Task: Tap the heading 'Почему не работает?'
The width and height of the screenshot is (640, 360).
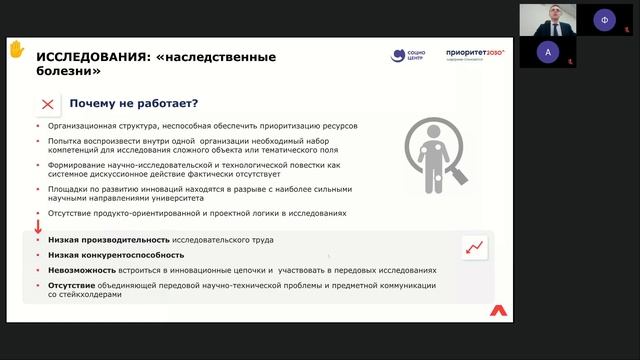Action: [132, 104]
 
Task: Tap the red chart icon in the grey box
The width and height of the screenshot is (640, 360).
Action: [474, 246]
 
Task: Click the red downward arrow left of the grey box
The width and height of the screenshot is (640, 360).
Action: [38, 228]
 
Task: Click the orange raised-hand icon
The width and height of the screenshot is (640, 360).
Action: [16, 47]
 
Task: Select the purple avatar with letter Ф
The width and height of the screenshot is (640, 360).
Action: [603, 18]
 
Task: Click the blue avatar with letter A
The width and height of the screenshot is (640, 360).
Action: [545, 51]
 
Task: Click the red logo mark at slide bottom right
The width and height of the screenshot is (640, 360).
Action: [497, 310]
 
